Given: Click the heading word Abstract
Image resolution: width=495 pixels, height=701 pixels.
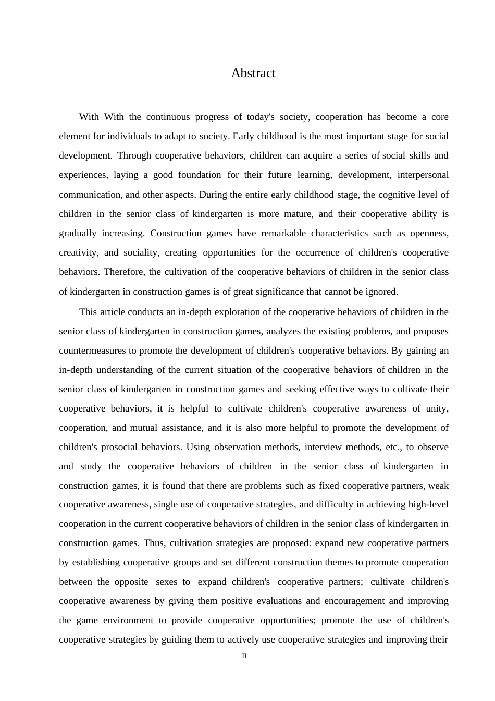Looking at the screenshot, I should [x=253, y=74].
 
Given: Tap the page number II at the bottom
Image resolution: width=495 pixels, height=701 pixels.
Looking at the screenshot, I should [x=244, y=656].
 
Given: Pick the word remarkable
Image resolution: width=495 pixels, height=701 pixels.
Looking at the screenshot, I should [x=283, y=233].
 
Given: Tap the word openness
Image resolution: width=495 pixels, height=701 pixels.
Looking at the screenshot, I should [x=429, y=233].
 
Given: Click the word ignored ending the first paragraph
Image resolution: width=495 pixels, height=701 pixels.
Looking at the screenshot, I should [x=382, y=292].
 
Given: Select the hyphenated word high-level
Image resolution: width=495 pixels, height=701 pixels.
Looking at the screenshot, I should [x=426, y=504].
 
